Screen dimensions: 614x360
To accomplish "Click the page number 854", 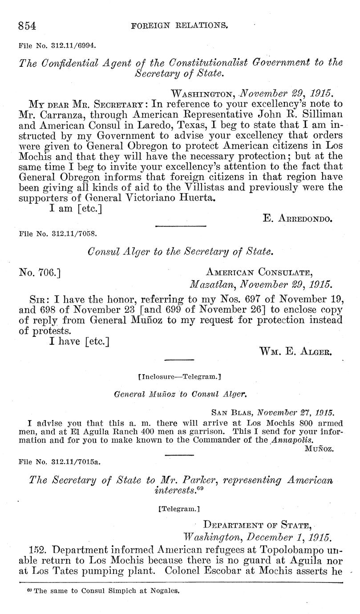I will pos(27,26).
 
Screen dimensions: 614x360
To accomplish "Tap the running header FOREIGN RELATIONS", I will pos(180,26).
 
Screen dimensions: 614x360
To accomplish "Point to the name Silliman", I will pos(322,116).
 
